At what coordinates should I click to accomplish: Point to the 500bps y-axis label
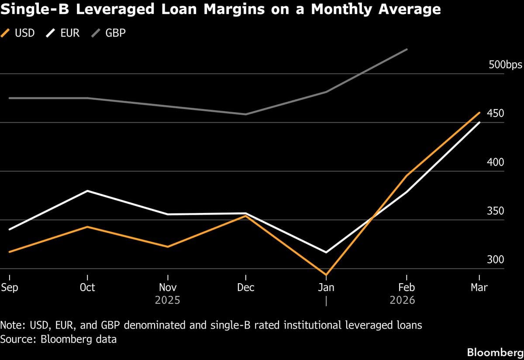[504, 65]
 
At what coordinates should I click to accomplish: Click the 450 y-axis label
[495, 113]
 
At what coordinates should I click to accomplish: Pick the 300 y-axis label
[495, 260]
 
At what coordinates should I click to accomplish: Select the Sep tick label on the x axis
[10, 287]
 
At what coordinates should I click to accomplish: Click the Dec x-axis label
[246, 287]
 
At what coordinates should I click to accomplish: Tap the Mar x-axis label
[479, 287]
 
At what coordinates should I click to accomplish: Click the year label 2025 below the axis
[168, 300]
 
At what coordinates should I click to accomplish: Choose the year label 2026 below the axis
[402, 300]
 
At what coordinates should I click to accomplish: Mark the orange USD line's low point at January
[326, 275]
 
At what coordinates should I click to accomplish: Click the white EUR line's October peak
[88, 191]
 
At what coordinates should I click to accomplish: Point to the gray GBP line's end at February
[407, 49]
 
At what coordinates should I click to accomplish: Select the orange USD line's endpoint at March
[479, 113]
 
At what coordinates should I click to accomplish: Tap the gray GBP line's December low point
[246, 114]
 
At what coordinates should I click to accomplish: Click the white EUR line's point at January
[326, 252]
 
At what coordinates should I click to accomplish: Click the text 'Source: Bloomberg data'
[59, 339]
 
